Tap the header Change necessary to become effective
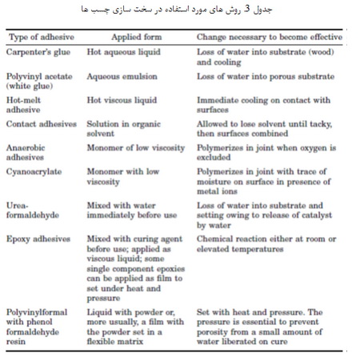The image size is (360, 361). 269,38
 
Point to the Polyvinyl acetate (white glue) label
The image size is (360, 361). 39,79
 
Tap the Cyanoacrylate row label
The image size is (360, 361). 34,171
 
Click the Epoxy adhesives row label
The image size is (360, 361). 39,239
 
